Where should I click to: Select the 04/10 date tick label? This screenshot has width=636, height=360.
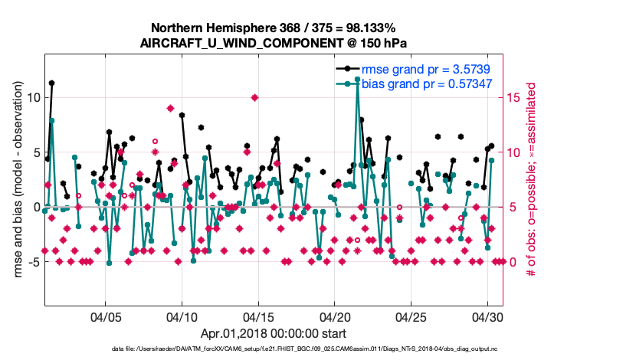(182, 316)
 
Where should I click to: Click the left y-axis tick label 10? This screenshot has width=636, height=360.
(32, 97)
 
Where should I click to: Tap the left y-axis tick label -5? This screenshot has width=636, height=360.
(32, 262)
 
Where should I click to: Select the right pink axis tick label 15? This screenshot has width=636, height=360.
(513, 97)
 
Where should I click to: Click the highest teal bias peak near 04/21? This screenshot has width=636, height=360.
(357, 80)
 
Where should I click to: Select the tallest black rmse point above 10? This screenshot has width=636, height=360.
(51, 83)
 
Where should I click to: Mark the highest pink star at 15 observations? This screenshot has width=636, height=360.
(254, 97)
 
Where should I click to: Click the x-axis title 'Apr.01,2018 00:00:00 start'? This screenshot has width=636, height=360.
(274, 333)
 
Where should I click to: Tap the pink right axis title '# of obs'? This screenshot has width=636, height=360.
(529, 179)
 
